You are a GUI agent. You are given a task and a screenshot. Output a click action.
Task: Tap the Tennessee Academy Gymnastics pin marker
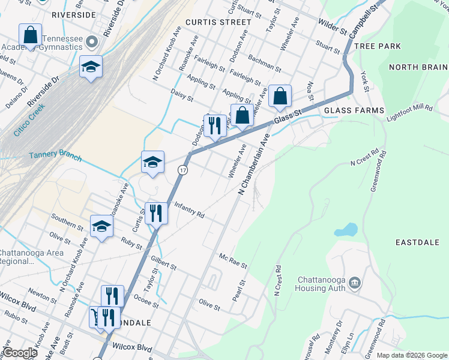tap(91, 42)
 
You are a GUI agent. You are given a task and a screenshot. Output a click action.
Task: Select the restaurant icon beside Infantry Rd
tap(156, 213)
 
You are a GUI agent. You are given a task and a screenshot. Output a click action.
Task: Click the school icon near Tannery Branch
tap(152, 161)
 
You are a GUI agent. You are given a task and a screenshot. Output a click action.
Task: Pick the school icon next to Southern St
tap(101, 226)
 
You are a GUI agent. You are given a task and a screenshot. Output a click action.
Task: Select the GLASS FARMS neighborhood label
tap(354, 110)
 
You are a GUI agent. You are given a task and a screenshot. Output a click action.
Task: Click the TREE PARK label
tap(378, 46)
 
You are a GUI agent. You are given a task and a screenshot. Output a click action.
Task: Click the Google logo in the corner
tap(20, 353)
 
